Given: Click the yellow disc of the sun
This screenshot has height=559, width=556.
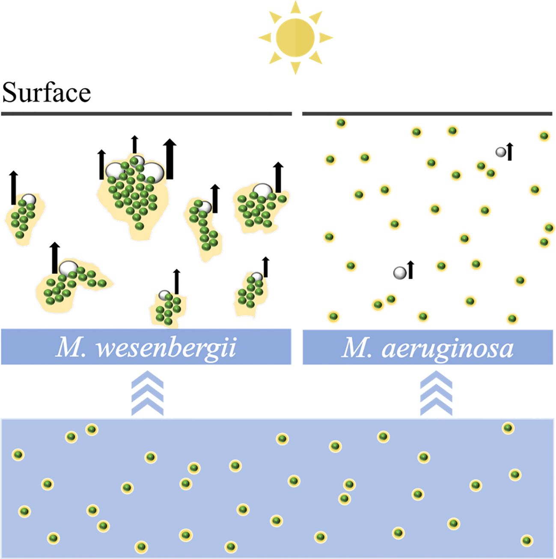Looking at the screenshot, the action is (295, 38).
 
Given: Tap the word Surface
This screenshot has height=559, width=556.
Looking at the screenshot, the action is (46, 92).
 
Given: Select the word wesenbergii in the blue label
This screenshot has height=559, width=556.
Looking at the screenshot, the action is (166, 348).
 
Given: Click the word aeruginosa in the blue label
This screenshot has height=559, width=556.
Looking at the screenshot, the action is (447, 348).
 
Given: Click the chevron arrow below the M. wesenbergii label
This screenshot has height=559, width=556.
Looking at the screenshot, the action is (147, 393).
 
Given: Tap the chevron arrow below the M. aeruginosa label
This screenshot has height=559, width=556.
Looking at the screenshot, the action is (436, 393).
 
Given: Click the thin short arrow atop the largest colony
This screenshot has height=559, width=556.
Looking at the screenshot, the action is (134, 144).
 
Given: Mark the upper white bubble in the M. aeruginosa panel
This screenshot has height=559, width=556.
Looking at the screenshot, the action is (500, 152).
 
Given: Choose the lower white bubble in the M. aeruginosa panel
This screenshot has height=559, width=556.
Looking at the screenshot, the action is (399, 272).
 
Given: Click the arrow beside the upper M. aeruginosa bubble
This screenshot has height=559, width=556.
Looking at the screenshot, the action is (510, 152).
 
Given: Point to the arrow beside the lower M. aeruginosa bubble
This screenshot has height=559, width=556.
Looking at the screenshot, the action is (410, 270).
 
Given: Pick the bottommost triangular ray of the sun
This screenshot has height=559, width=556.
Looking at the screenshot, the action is (295, 68).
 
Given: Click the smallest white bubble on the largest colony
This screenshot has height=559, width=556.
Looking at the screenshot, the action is (138, 161).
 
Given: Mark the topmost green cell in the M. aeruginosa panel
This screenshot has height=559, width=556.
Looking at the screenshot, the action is (341, 123).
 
